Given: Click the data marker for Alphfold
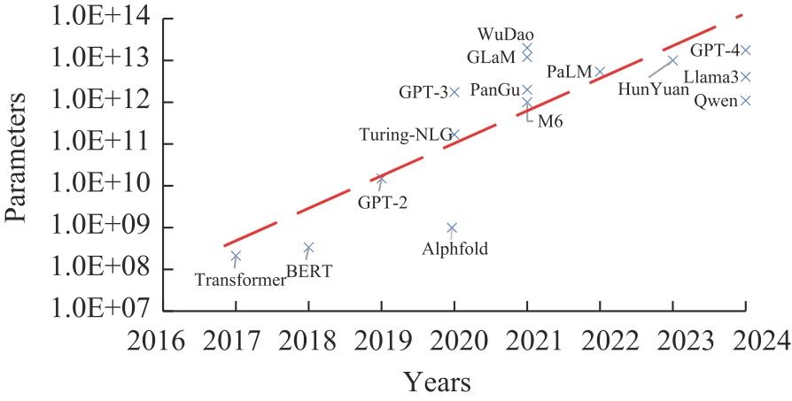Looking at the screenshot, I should coord(452,227).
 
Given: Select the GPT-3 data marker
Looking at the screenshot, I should coord(454,91).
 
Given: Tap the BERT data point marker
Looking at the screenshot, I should coord(308,248).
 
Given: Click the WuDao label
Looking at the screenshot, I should coord(506,35).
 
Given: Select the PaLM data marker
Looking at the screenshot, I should coord(600,72).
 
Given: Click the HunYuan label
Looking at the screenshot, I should coord(653,89).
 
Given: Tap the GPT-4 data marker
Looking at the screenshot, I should coord(746,50).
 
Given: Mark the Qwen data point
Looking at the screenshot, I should coord(746,100).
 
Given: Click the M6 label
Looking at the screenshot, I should coord(550,121).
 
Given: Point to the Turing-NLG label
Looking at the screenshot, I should coord(405,135).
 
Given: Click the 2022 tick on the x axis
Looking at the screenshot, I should coord(600,340).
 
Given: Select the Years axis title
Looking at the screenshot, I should coord(438,382).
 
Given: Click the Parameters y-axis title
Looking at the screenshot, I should coord(19,166).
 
